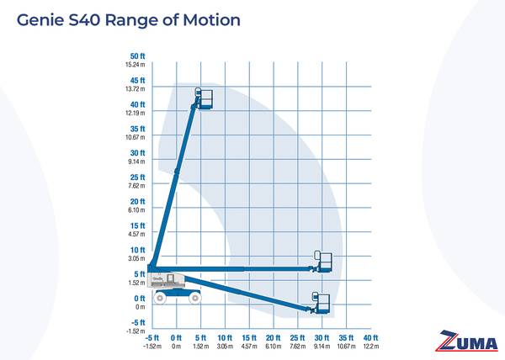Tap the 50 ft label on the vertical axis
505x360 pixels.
(x=138, y=56)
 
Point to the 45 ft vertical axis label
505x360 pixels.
(x=138, y=80)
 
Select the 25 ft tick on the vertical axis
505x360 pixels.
(x=138, y=177)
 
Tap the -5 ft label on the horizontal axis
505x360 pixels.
(x=151, y=336)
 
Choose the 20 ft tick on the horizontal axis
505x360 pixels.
(x=274, y=336)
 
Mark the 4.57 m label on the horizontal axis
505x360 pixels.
(x=249, y=346)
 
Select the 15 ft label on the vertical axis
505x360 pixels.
(x=138, y=225)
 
